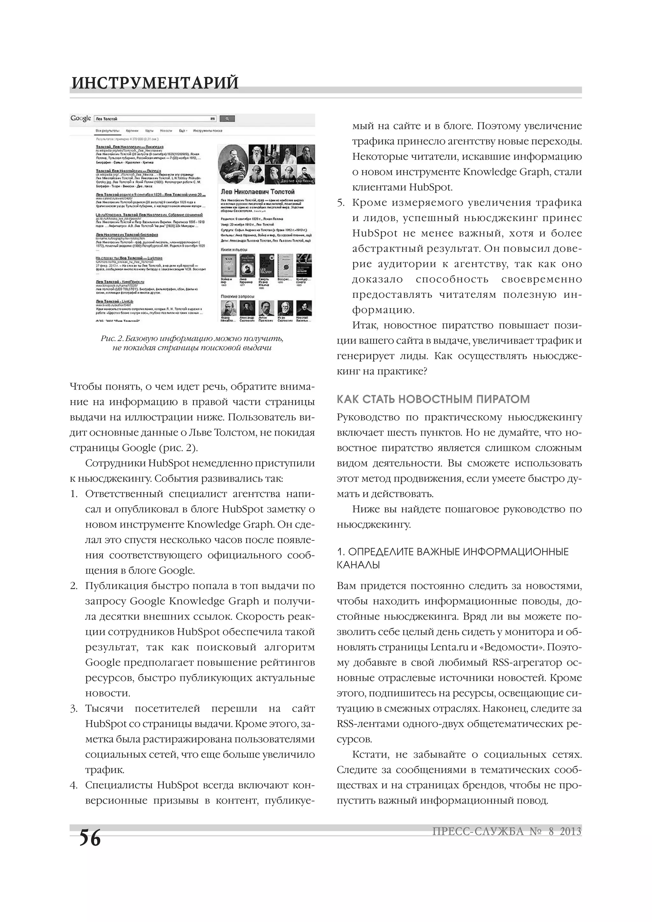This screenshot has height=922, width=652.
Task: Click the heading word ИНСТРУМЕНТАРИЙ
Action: (155, 83)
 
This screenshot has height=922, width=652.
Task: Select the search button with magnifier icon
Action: (227, 119)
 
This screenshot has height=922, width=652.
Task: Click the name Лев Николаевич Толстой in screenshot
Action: (258, 192)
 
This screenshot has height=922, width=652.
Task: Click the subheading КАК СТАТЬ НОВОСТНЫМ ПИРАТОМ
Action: (433, 399)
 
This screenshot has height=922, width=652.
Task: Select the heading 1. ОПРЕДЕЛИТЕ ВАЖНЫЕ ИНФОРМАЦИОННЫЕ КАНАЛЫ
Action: (452, 558)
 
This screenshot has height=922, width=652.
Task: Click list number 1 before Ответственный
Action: (74, 494)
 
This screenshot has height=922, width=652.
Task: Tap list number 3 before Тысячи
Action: (74, 708)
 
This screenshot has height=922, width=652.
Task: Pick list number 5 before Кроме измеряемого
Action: (341, 203)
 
